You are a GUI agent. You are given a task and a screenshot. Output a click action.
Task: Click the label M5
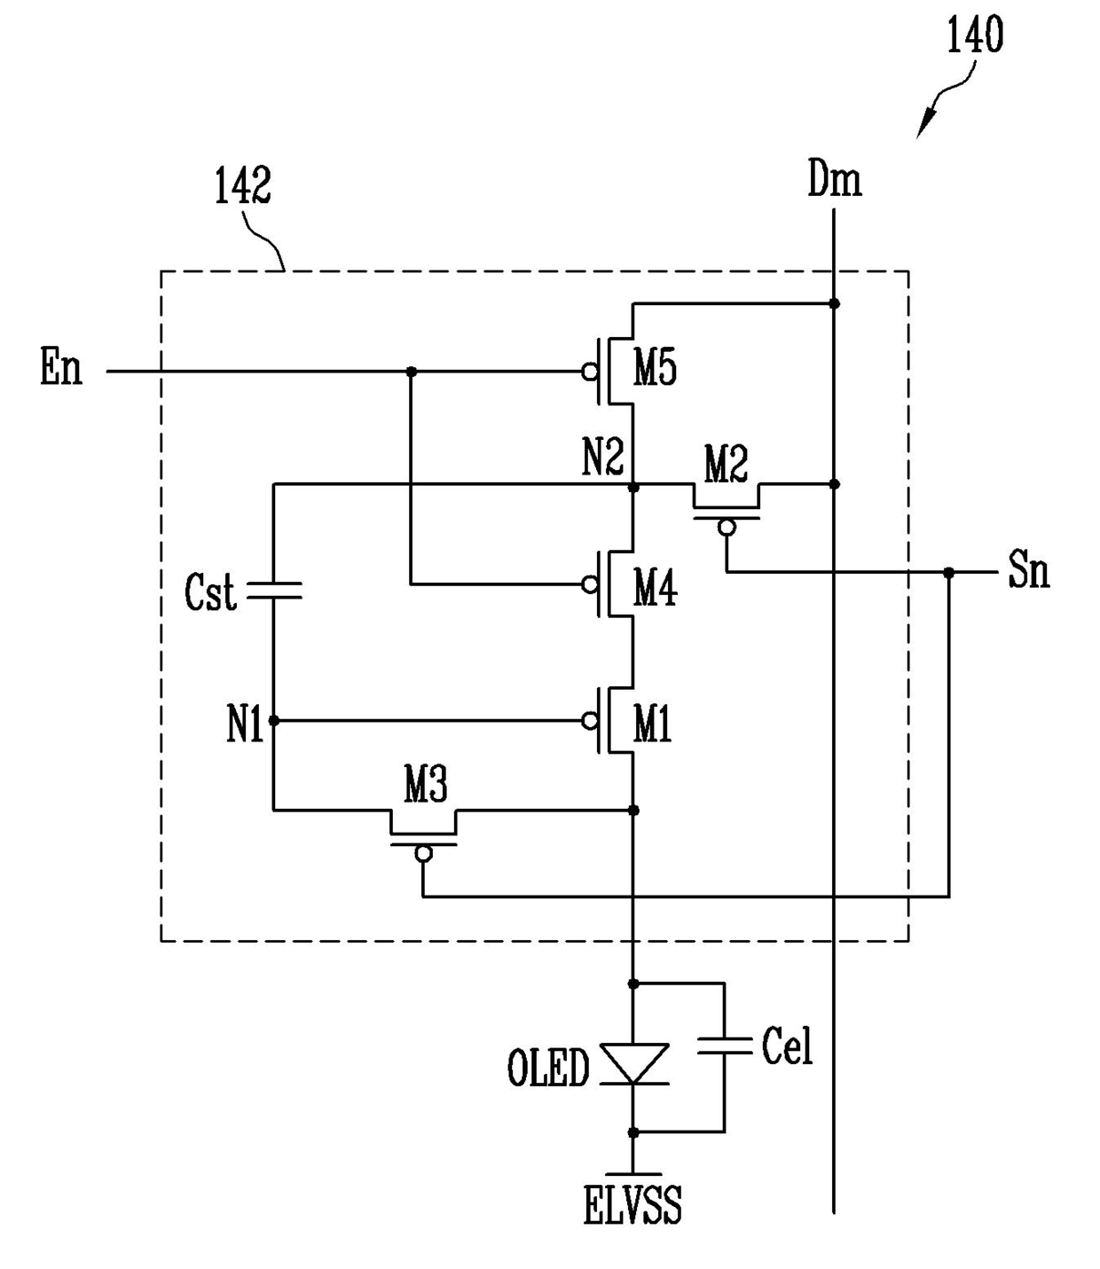[x=655, y=369]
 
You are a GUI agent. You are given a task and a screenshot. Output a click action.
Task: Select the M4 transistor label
[x=655, y=588]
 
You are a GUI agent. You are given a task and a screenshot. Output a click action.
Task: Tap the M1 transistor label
[x=652, y=725]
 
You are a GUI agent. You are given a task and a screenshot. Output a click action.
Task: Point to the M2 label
[x=726, y=465]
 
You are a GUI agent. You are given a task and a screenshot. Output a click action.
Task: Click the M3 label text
[x=425, y=784]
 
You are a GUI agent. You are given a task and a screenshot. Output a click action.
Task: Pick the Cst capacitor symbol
[x=274, y=590]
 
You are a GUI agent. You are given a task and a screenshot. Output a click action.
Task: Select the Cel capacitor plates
[x=725, y=1046]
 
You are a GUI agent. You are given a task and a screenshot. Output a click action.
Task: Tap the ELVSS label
[x=632, y=1206]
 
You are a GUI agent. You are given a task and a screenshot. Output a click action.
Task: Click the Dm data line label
[x=834, y=178]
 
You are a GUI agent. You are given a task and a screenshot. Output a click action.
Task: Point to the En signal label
[x=61, y=366]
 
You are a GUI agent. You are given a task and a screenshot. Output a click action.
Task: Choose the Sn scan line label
[x=1029, y=570]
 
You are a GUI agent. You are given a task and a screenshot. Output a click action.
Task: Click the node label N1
[x=245, y=725]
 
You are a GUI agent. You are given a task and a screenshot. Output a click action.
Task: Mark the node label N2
[x=602, y=457]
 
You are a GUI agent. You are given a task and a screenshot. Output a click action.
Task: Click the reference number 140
[x=975, y=35]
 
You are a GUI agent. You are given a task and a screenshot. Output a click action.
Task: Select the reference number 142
[x=242, y=186]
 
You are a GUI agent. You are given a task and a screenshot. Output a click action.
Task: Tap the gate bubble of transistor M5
[x=590, y=372]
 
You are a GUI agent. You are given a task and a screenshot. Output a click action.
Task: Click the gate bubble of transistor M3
[x=423, y=853]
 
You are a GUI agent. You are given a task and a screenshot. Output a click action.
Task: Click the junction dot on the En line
[x=412, y=372]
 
